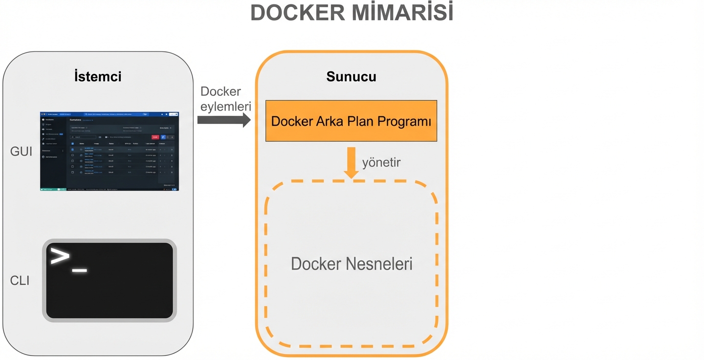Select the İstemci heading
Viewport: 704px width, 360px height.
point(98,76)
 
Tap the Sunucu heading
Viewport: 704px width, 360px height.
point(351,76)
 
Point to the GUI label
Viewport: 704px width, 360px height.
point(21,152)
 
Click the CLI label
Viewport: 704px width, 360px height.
point(20,280)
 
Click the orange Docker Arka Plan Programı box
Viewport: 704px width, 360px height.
point(351,121)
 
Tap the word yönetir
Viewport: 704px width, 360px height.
point(381,162)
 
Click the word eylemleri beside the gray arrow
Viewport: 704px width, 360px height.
point(225,106)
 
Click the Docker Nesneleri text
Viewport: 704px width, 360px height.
point(351,264)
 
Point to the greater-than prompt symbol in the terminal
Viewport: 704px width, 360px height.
point(60,257)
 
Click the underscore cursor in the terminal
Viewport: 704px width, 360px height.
point(80,270)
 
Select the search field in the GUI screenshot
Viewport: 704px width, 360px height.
point(84,137)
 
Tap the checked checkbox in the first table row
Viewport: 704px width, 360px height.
point(73,149)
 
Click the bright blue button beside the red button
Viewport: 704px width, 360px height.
point(163,137)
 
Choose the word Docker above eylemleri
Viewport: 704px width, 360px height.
point(221,92)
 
